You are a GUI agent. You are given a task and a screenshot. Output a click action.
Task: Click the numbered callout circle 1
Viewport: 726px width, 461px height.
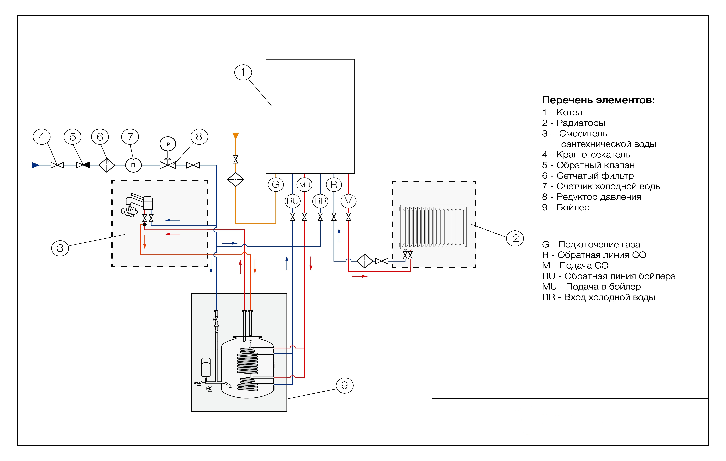243,72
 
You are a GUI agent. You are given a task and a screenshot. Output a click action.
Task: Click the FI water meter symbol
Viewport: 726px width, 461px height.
133,165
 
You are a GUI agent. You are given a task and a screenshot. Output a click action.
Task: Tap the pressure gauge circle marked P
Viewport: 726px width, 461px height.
168,144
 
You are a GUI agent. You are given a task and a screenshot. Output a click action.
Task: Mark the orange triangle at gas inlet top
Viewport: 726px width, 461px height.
235,136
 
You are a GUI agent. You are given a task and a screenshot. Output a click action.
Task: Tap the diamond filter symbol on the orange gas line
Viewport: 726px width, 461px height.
235,180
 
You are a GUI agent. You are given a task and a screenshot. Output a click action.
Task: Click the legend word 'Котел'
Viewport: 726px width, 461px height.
569,112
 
